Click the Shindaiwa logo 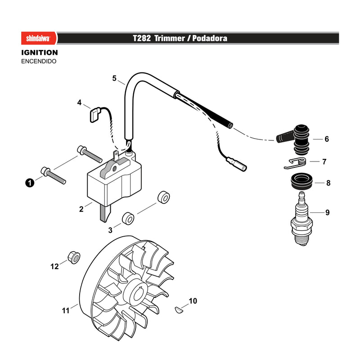(38, 38)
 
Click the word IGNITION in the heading (40, 53)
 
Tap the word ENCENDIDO (39, 61)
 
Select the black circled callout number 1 (30, 183)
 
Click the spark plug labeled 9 (301, 219)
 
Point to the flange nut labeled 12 (74, 257)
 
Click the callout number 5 (114, 78)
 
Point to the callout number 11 (66, 310)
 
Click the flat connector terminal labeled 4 (94, 115)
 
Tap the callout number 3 (110, 230)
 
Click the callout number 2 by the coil (81, 209)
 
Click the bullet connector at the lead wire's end (237, 163)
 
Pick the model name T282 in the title (142, 38)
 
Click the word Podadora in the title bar (210, 38)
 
